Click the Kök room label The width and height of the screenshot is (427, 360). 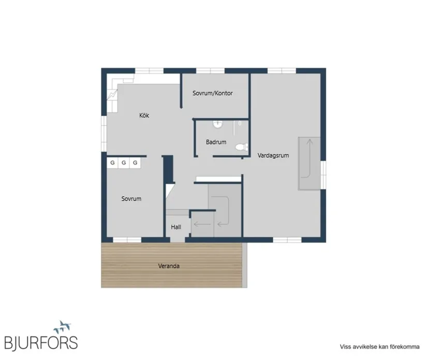coord(144,115)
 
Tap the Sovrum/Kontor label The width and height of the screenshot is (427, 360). coord(213,93)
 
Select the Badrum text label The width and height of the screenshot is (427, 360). coord(216,142)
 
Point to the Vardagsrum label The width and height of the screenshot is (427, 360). coord(273,156)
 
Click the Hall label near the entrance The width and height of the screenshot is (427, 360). coord(176,227)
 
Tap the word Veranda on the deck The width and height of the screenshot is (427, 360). coord(169,266)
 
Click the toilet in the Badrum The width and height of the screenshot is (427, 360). coord(242,147)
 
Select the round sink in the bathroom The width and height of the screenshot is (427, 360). coord(217,124)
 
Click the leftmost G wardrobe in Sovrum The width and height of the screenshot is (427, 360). coord(112,163)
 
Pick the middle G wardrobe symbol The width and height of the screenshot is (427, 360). coord(124,163)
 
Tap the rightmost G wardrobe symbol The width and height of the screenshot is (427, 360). coord(135,163)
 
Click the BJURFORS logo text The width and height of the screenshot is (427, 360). coord(41,342)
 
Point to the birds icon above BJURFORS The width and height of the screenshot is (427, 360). coord(62,327)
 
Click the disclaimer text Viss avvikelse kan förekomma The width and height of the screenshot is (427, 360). coord(379,347)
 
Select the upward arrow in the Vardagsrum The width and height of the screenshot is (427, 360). coord(310,158)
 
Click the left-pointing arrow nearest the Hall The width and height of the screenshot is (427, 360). coord(202,224)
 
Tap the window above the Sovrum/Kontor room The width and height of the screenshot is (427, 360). coord(210,71)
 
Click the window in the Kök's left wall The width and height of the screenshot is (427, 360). coord(104,133)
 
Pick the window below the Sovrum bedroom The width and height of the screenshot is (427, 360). coord(127,239)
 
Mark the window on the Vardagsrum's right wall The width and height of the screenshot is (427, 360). coord(323,175)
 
